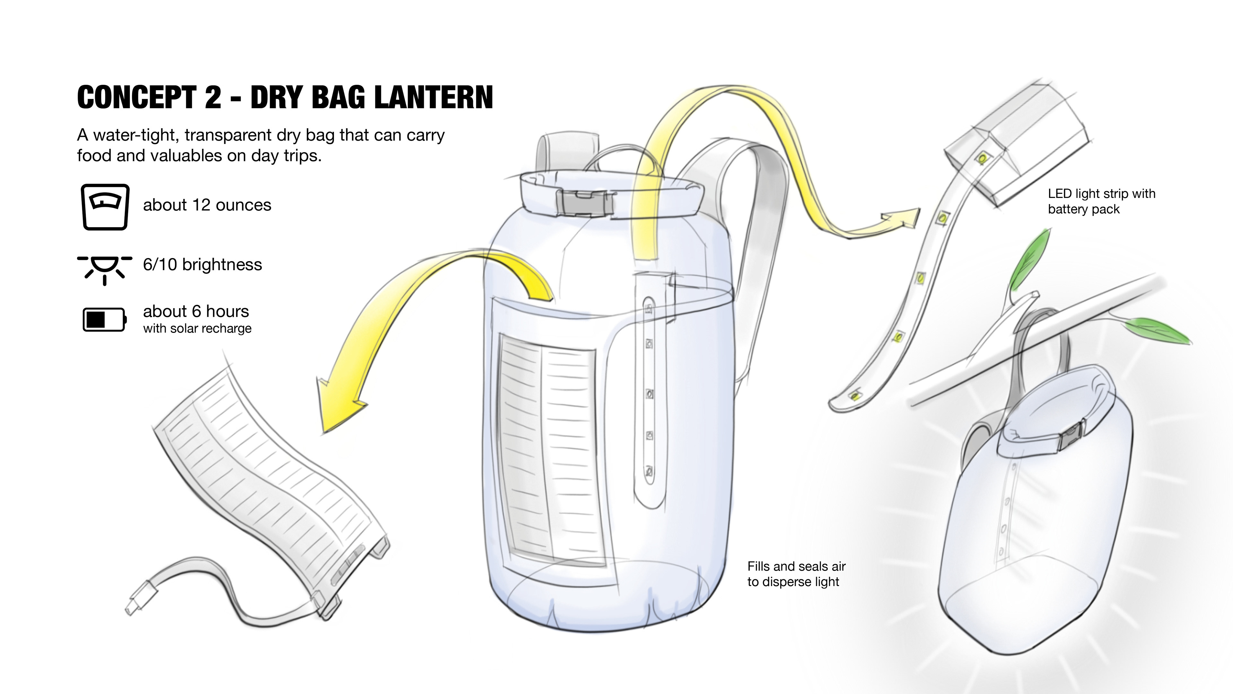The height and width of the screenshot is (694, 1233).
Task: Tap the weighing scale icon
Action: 105,207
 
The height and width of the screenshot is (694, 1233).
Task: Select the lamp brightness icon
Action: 105,268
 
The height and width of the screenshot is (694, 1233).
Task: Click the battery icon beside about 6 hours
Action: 104,319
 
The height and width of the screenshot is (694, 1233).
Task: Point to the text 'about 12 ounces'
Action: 207,205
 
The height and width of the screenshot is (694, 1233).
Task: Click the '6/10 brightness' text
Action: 203,264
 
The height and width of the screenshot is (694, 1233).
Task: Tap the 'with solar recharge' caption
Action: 197,329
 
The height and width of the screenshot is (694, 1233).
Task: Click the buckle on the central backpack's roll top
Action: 587,202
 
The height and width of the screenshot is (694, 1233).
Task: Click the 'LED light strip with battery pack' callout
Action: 1101,201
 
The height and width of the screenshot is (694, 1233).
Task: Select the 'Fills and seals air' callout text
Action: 796,574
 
